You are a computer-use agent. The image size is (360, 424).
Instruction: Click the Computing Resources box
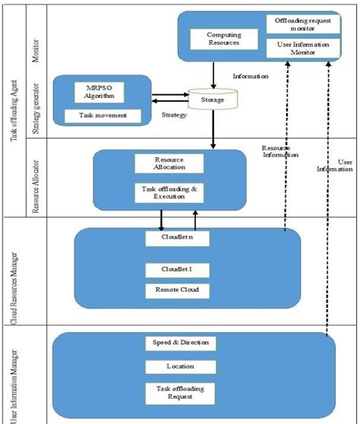(x=215, y=40)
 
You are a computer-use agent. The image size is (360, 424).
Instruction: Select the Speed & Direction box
(x=180, y=343)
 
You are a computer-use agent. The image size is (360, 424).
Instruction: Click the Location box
(x=180, y=366)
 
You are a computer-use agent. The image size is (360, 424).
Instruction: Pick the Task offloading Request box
(x=180, y=393)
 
